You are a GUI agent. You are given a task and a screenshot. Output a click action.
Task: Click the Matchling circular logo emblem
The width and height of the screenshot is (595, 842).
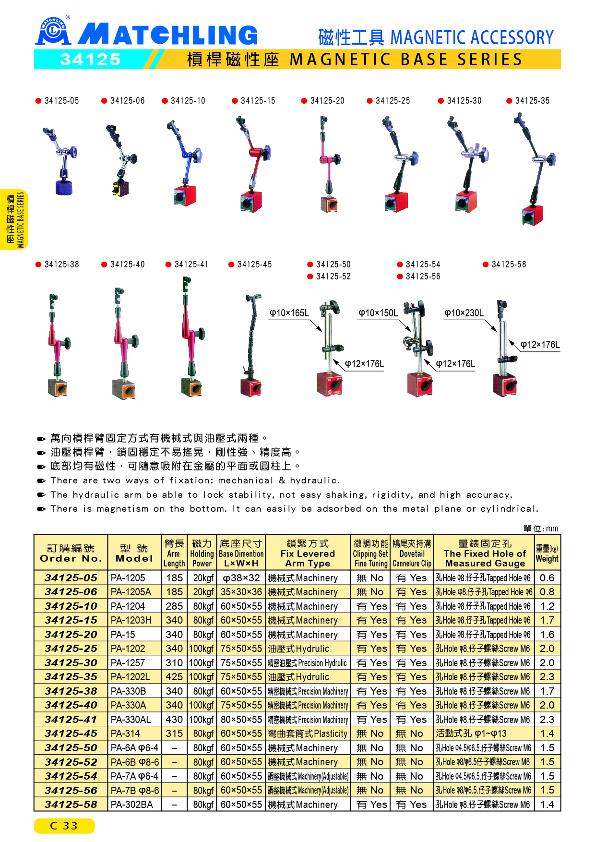[x=53, y=31]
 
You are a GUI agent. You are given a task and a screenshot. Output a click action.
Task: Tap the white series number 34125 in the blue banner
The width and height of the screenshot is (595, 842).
[x=90, y=60]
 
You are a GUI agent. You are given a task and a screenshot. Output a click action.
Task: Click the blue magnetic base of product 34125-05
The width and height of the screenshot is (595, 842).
[x=64, y=186]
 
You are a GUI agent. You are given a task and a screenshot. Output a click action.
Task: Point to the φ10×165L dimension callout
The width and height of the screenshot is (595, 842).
[x=289, y=313]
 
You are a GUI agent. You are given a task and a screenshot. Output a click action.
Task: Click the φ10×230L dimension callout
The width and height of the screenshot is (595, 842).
[x=464, y=313]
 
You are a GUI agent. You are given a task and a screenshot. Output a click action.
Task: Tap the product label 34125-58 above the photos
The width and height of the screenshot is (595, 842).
[x=509, y=265]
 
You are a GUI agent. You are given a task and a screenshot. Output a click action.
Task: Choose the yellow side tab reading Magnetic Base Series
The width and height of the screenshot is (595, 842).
[x=15, y=220]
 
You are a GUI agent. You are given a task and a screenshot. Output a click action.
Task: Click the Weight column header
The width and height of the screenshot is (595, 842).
[x=547, y=553]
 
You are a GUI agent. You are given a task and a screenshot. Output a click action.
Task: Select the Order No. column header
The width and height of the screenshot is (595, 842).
[x=71, y=553]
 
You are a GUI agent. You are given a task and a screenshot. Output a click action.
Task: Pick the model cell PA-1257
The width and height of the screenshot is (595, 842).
[x=128, y=663]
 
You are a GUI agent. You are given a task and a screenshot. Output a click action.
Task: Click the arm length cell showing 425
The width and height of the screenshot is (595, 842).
[x=174, y=677]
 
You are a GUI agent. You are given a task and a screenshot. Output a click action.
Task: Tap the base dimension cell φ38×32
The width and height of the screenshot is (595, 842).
[x=241, y=578]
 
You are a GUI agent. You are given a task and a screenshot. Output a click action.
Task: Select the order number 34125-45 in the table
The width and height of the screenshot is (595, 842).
[x=71, y=734]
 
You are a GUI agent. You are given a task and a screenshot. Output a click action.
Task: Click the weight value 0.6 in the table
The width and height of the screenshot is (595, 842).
[x=547, y=578]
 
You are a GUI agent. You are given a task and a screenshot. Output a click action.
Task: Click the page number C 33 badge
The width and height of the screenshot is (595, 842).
[x=64, y=826]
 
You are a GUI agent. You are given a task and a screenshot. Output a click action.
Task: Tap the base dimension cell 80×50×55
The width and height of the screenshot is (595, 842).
[x=241, y=720]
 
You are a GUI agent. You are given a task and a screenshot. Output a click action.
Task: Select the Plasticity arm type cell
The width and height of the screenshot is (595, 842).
[x=308, y=734]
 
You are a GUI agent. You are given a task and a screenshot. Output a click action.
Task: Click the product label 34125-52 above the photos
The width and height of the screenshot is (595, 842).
[x=333, y=277]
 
